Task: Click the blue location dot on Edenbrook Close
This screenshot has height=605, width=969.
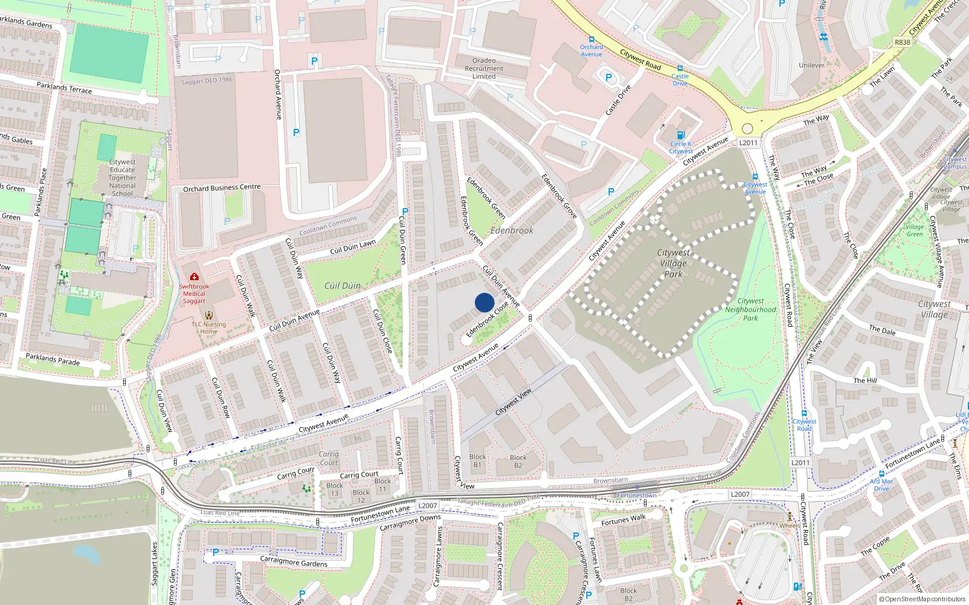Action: (484, 302)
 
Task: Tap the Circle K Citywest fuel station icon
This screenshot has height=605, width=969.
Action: (681, 135)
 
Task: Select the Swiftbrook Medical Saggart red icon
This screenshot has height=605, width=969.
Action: (194, 276)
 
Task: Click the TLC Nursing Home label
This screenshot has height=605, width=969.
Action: (208, 328)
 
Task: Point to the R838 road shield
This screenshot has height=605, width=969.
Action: (902, 42)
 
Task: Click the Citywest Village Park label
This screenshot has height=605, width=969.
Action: (673, 263)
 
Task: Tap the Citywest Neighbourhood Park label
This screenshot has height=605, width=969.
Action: (750, 309)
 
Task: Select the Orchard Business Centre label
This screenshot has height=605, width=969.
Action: (222, 188)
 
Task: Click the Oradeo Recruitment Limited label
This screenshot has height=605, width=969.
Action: (484, 68)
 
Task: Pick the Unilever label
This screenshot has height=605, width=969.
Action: (812, 65)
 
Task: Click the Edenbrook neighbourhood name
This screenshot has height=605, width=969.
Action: (512, 231)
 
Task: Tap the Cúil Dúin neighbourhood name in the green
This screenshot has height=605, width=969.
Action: (342, 286)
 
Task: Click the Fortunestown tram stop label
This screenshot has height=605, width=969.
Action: (637, 495)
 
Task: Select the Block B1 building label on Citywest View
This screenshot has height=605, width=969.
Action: (477, 461)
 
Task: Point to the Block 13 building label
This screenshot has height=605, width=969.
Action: (334, 489)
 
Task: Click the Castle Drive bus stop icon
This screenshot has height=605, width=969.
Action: (680, 68)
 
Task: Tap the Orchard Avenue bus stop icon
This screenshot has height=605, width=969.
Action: (591, 39)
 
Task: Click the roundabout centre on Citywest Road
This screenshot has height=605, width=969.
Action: (747, 128)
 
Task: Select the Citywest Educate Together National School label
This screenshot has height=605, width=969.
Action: (122, 178)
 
